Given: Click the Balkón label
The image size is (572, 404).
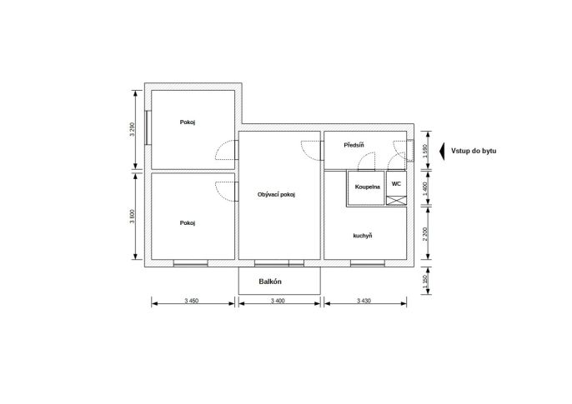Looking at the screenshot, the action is (270, 282).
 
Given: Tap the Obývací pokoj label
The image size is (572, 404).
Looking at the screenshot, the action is (276, 195).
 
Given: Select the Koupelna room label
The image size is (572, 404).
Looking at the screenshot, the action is (368, 187).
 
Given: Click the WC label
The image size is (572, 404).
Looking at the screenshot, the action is (396, 183).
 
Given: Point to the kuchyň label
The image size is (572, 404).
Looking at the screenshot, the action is (363, 236).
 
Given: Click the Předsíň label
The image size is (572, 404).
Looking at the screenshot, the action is (354, 145).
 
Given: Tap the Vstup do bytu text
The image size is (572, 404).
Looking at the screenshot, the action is (474, 151).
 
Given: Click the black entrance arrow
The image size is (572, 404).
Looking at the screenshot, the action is (442, 151).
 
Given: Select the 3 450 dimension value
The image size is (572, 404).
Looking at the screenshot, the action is (192, 301).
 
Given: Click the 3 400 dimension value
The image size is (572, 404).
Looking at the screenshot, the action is (278, 301).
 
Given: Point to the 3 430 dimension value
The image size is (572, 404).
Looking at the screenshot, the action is (364, 301).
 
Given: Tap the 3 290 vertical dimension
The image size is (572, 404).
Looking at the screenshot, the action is (133, 129).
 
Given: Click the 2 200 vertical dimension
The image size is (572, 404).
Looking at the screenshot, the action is (425, 234).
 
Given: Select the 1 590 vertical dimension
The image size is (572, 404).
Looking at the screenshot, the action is (425, 151).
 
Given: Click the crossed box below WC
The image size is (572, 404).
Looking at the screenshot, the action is (396, 201).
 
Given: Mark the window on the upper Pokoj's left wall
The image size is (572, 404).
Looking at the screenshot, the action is (148, 127).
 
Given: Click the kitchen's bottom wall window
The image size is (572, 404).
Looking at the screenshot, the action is (368, 263).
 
